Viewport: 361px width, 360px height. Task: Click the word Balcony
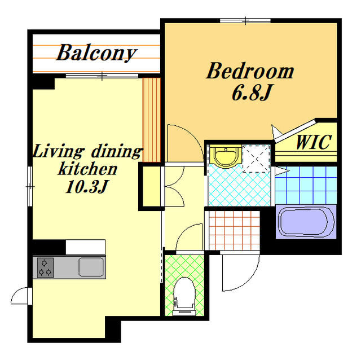[96, 52]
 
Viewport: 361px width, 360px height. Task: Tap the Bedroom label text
[250, 71]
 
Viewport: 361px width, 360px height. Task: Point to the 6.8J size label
[252, 93]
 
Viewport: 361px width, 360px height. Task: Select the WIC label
[314, 142]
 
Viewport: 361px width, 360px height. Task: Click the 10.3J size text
[87, 186]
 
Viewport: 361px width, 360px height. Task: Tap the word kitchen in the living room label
[88, 169]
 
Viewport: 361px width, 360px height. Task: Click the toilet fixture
[184, 296]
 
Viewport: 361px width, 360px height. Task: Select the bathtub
[306, 222]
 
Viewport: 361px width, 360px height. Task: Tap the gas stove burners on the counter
[45, 268]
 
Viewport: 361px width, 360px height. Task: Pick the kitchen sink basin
[91, 267]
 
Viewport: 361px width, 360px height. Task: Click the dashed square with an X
[256, 159]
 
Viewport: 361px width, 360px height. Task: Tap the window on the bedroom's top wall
[245, 21]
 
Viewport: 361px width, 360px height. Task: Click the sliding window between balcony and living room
[102, 76]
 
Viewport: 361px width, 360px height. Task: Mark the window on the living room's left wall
[30, 186]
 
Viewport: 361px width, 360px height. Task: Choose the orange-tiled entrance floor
[235, 230]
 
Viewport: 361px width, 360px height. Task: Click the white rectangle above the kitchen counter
[86, 247]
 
